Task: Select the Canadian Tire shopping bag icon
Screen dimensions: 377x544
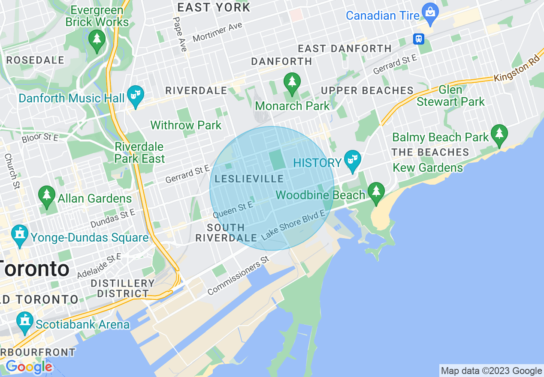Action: [x=430, y=12]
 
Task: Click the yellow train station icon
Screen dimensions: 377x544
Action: [x=419, y=39]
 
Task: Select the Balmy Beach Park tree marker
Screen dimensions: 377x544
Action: [x=499, y=134]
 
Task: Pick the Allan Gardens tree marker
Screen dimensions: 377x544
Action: [x=47, y=195]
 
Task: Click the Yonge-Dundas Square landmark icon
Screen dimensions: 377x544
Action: [x=20, y=234]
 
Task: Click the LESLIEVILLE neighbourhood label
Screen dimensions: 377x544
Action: [x=249, y=179]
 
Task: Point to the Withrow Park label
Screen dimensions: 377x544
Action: [x=186, y=125]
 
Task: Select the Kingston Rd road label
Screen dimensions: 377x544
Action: [x=516, y=72]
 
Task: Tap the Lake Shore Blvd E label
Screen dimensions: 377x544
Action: [x=293, y=225]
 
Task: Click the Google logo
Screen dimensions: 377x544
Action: [x=29, y=367]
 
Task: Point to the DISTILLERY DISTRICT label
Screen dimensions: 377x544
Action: [x=123, y=288]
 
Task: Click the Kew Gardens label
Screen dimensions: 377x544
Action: [x=428, y=168]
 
